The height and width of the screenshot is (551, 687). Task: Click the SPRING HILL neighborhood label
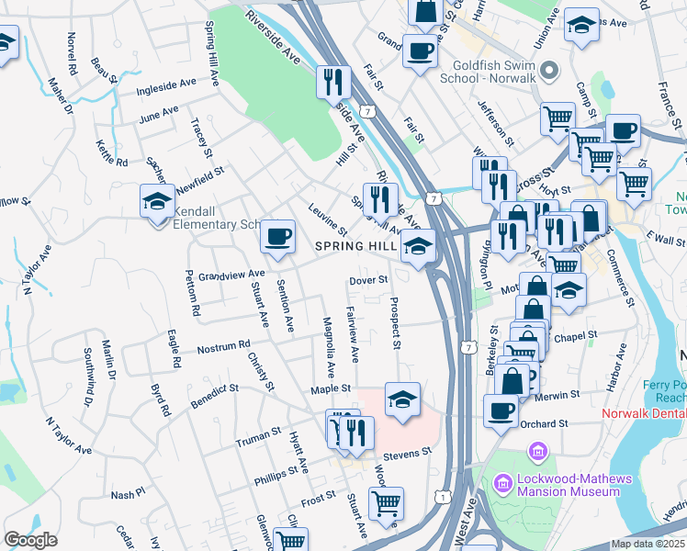[355, 246]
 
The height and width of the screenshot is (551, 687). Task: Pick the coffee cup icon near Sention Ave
[277, 237]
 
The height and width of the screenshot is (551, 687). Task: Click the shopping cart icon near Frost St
[386, 503]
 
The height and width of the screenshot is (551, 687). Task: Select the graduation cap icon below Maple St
[402, 399]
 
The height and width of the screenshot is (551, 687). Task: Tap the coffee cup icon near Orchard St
[501, 410]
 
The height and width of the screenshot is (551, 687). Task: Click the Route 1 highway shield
[444, 497]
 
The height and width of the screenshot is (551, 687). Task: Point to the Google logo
[30, 540]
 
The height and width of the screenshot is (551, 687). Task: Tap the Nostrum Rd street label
[224, 347]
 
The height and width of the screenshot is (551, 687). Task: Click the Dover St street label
[370, 280]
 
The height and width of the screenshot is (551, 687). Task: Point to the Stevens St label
[407, 453]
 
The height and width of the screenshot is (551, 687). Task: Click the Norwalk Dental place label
[644, 413]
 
